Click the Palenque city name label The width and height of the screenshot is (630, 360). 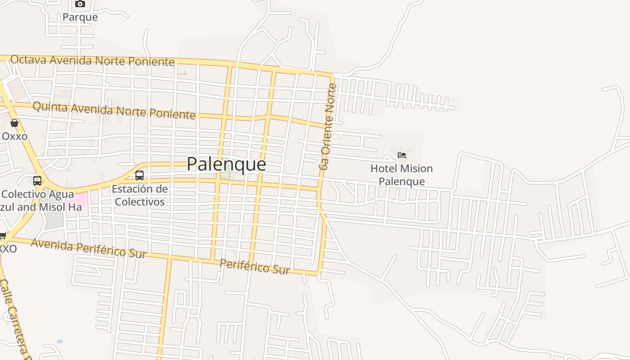226,164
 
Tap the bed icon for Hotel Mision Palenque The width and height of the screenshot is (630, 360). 402,155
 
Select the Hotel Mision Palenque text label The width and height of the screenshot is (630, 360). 401,175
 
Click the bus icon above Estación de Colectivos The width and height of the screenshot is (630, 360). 139,175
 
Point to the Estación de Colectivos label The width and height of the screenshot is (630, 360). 139,195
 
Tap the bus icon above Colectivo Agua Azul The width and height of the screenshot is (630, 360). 37,181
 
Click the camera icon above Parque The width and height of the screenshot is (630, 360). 80,4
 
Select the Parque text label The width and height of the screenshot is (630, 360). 80,17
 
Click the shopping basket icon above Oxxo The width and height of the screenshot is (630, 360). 14,123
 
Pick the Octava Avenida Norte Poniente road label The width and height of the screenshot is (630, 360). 92,60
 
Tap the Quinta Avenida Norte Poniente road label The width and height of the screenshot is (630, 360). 114,110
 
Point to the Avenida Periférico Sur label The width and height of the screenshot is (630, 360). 89,248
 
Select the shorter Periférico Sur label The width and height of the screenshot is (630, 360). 255,266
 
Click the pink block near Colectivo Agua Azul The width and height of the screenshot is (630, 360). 77,199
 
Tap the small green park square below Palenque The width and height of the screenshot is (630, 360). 225,175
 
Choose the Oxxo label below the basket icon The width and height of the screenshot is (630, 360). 14,136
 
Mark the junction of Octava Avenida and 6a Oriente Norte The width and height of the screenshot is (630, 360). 333,75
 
